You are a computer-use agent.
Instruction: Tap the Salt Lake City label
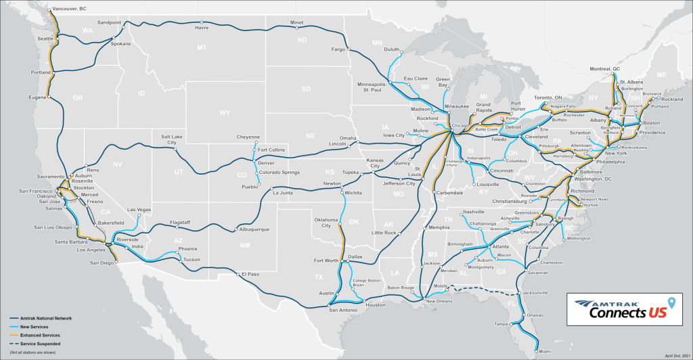coord(173,139)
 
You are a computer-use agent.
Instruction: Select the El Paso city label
coord(248,274)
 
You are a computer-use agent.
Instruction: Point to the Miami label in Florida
coord(544,351)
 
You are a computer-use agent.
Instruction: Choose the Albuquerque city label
coord(254,229)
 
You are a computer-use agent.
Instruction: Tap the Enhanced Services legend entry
coord(45,335)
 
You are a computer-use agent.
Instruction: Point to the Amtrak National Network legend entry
coord(52,317)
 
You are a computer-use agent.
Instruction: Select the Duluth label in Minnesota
coord(392,49)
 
